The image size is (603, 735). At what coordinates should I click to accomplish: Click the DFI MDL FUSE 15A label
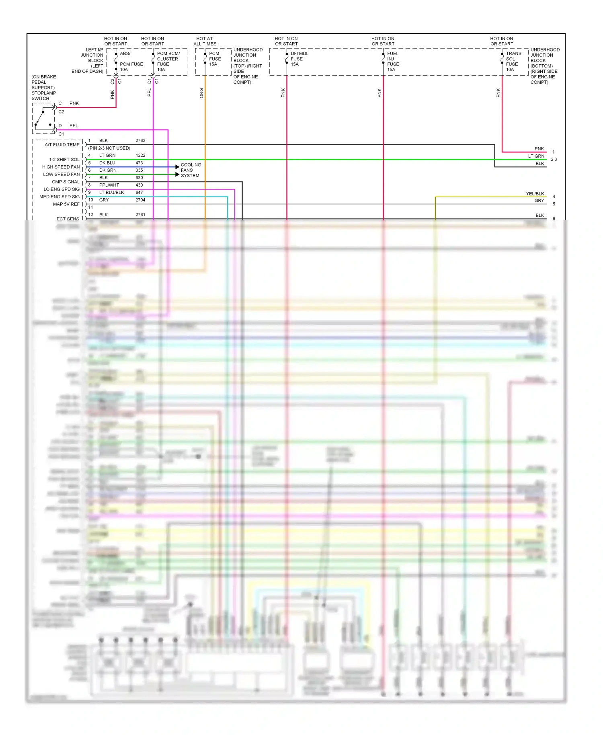pos(299,59)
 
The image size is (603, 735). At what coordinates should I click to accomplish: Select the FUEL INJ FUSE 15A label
pos(393,62)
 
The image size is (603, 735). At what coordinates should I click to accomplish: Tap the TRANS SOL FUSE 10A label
pos(513,62)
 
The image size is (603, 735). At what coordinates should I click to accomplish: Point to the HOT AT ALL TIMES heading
pos(205,41)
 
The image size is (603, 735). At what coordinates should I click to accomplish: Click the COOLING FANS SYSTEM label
pos(191,170)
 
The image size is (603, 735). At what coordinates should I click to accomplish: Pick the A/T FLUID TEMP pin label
pos(62,145)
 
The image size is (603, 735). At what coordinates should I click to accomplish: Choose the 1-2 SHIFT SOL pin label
pos(64,160)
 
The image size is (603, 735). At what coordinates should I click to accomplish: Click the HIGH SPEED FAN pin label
pos(61,167)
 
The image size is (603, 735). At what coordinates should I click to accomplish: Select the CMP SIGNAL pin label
pos(66,182)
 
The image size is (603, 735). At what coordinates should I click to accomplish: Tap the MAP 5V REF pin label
pos(66,204)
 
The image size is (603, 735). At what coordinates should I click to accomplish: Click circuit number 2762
pos(140,141)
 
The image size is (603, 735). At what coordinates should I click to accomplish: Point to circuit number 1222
pos(140,156)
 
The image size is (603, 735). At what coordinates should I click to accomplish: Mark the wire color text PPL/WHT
pos(109,185)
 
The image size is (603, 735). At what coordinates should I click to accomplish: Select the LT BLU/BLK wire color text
pos(111,193)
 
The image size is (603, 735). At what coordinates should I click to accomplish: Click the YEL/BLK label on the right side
pos(535,194)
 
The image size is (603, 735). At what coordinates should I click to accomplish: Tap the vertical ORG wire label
pos(201,93)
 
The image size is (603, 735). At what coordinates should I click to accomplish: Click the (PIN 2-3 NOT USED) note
pos(109,148)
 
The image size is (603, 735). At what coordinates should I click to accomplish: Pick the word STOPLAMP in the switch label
pos(44,93)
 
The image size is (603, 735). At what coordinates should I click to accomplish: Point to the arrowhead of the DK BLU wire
pos(177,167)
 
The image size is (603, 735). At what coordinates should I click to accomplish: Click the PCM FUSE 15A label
pos(215,59)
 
